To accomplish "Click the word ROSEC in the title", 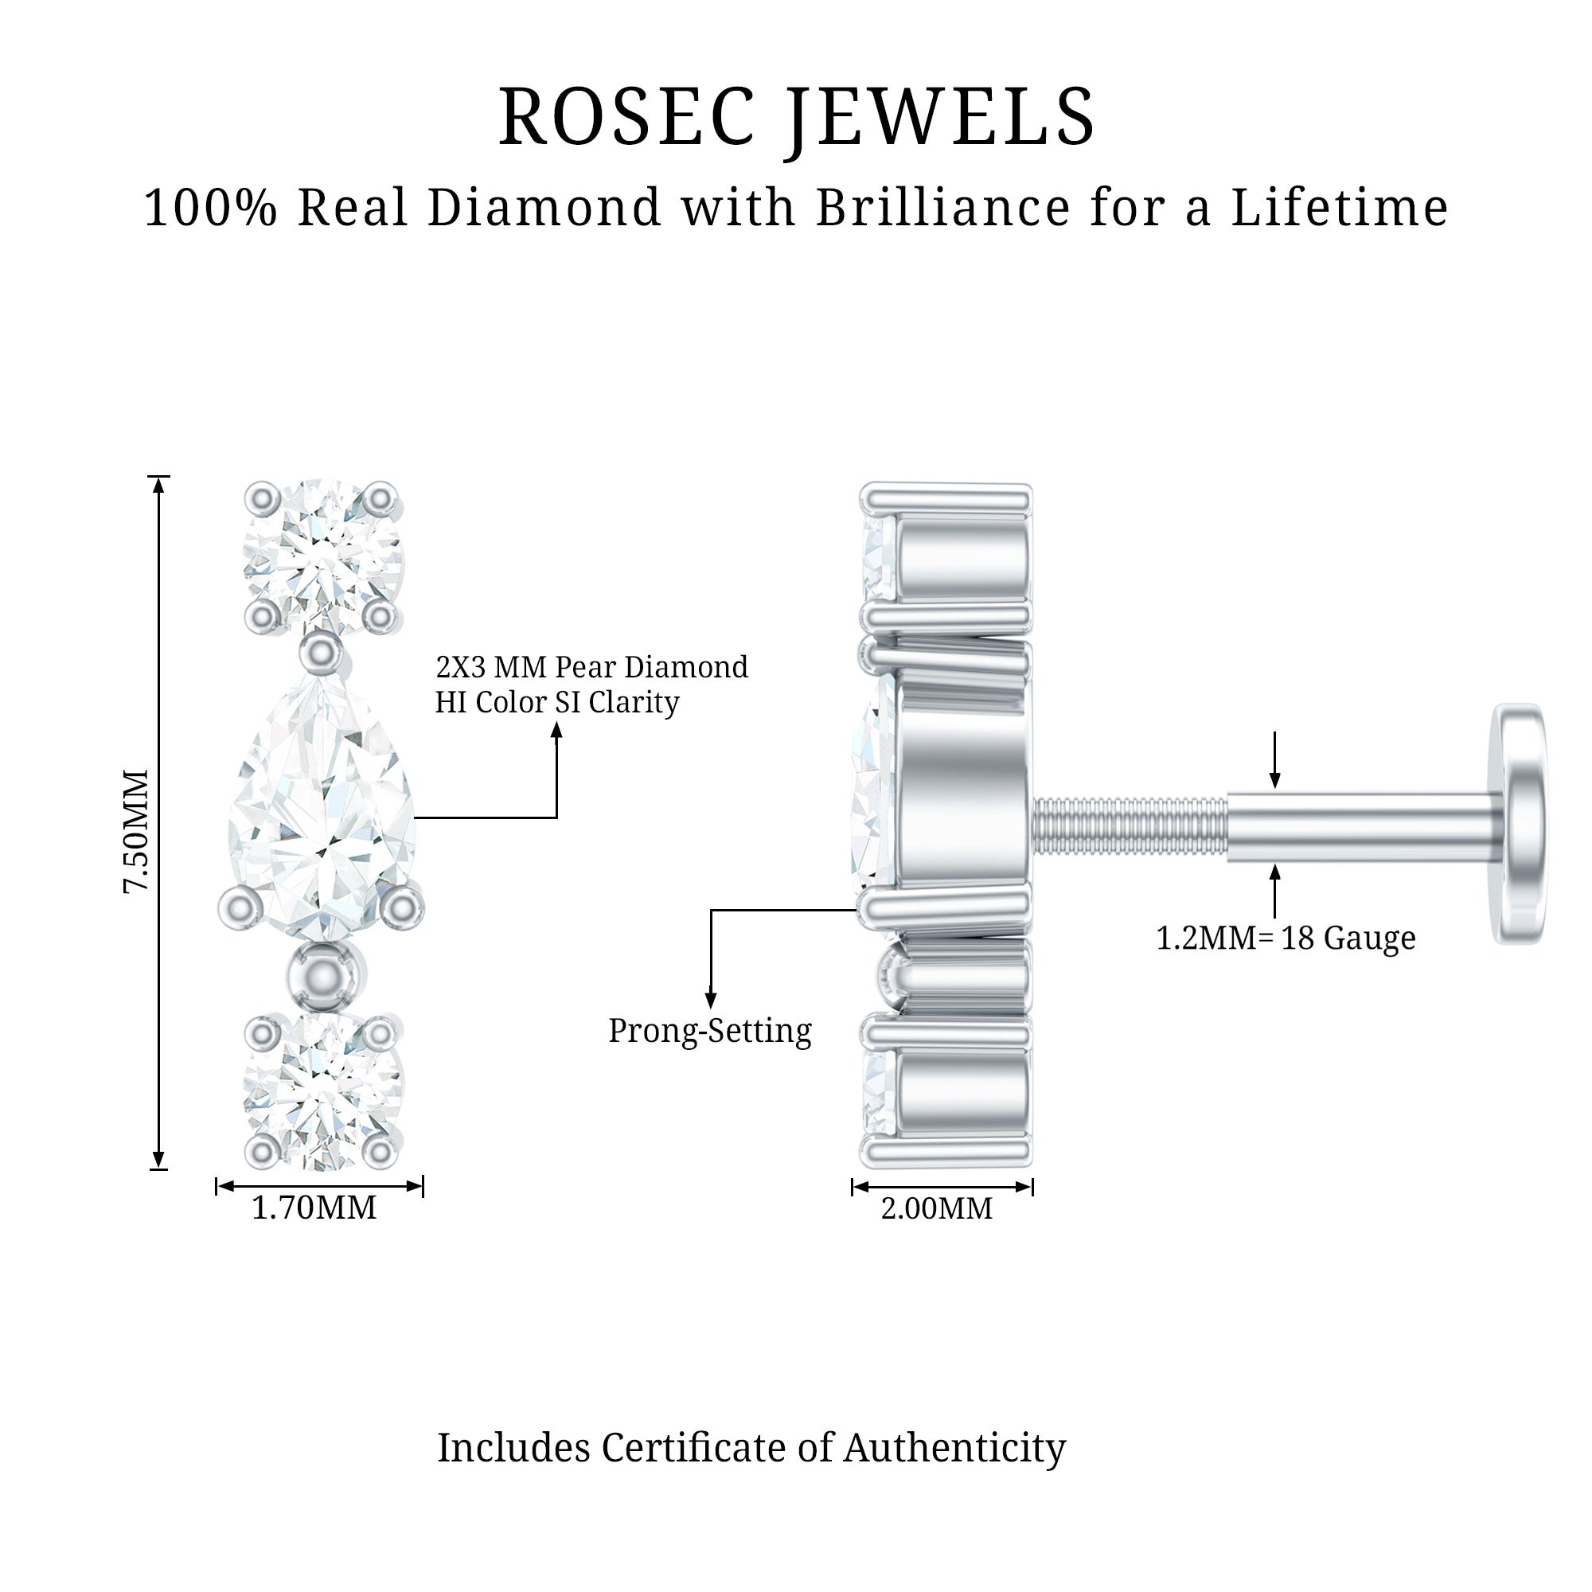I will click(x=627, y=117).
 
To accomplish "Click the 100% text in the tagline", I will click(x=210, y=207).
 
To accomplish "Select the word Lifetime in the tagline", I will click(x=1339, y=207).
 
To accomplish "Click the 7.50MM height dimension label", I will click(x=136, y=830).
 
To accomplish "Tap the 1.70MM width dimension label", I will click(x=314, y=1208).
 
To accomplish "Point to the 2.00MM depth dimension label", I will click(x=937, y=1209).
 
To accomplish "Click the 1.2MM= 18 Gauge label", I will click(x=1286, y=938).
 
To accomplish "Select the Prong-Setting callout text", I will click(x=709, y=1031).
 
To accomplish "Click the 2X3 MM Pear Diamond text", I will click(x=591, y=666).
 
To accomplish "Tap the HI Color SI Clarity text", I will click(x=557, y=702).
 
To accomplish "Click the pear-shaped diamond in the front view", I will click(x=322, y=807).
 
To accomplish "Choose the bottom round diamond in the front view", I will click(x=322, y=1090).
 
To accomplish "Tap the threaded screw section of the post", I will click(x=1129, y=826).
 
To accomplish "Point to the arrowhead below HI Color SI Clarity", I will click(x=557, y=729).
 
